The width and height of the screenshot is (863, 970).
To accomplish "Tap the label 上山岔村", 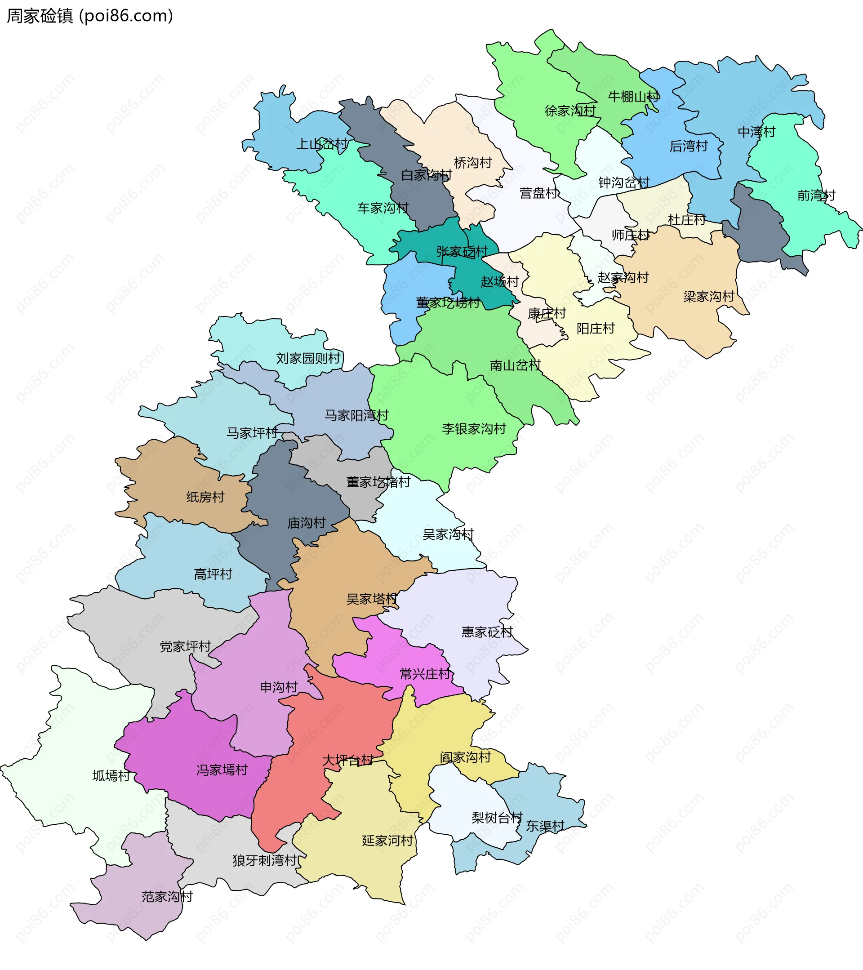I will coord(322,144).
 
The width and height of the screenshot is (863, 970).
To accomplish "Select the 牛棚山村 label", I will coord(633,97).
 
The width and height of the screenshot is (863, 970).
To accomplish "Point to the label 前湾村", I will coord(816,195).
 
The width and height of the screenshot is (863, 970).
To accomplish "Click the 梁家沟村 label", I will coord(708,297).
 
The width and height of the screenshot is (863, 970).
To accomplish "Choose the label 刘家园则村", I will coord(308,358).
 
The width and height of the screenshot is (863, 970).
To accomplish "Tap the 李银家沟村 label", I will coord(473,428).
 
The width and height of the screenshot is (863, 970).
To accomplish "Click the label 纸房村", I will coord(205,497).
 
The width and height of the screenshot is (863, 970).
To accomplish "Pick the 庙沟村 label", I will coord(306,523).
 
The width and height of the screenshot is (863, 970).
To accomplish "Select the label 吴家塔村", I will coord(371,599).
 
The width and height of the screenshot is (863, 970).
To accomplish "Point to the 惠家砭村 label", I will coord(487,632).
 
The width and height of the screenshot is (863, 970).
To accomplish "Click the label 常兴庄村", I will coord(425,674).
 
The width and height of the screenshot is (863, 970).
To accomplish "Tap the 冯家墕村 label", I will coord(222,770).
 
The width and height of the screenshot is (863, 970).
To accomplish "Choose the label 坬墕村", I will coord(111,776).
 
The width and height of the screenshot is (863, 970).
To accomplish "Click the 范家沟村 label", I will coord(167,896).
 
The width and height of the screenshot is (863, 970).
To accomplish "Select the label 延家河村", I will coord(387,841).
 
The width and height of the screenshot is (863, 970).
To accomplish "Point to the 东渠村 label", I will coord(545,826).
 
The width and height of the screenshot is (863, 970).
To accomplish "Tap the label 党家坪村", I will coord(185,646).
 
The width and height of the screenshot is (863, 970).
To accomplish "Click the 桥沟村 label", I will coord(472,163).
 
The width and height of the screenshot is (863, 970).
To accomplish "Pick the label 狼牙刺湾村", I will coord(265,860).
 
